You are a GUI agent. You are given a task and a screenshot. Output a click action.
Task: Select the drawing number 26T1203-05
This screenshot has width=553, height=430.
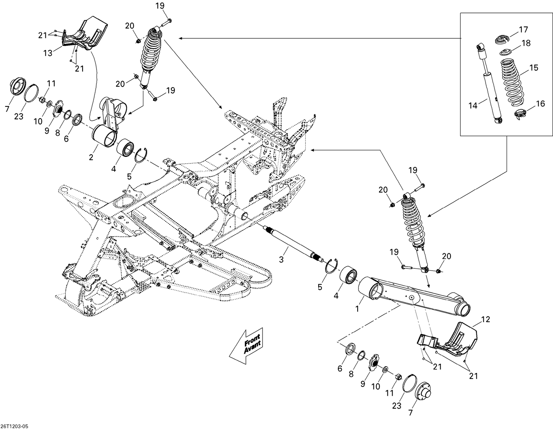(14, 426)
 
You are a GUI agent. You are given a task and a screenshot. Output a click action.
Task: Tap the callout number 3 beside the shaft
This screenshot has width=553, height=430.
(281, 260)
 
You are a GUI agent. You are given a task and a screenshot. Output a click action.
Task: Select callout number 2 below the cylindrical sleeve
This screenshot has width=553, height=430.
(91, 157)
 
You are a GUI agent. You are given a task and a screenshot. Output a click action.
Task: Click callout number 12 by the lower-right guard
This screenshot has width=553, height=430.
(486, 319)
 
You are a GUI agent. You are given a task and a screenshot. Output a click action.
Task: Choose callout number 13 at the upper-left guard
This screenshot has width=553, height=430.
(48, 53)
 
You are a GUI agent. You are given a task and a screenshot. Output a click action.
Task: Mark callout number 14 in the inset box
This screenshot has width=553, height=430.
(473, 106)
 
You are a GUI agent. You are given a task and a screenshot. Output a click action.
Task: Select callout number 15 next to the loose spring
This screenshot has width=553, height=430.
(533, 68)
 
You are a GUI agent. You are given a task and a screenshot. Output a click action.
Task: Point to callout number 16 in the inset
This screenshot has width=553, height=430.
(540, 104)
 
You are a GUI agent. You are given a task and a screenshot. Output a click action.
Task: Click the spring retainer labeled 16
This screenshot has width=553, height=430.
(520, 114)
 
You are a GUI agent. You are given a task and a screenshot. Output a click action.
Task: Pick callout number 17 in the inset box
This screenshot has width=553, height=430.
(524, 29)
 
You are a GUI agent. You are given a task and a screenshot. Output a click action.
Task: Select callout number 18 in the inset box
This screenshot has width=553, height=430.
(526, 43)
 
